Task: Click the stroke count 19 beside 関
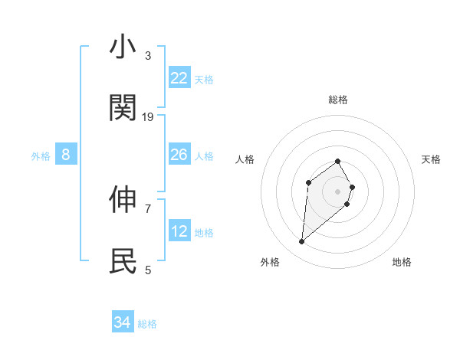coord(148,116)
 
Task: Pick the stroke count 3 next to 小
coord(148,56)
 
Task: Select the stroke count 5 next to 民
coord(148,270)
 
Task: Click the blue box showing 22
coord(179,78)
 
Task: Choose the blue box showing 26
coord(179,155)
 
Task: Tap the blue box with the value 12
coord(179,231)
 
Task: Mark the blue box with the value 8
coord(66,155)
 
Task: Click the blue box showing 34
coord(123,322)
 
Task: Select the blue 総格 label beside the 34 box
coord(147,324)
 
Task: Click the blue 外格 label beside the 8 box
coord(41,156)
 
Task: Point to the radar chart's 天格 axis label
coord(431,159)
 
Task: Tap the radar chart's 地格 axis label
coord(402,262)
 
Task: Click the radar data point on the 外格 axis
coord(301,242)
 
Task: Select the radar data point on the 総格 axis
coord(337,161)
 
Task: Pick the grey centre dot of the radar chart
coord(337,191)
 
